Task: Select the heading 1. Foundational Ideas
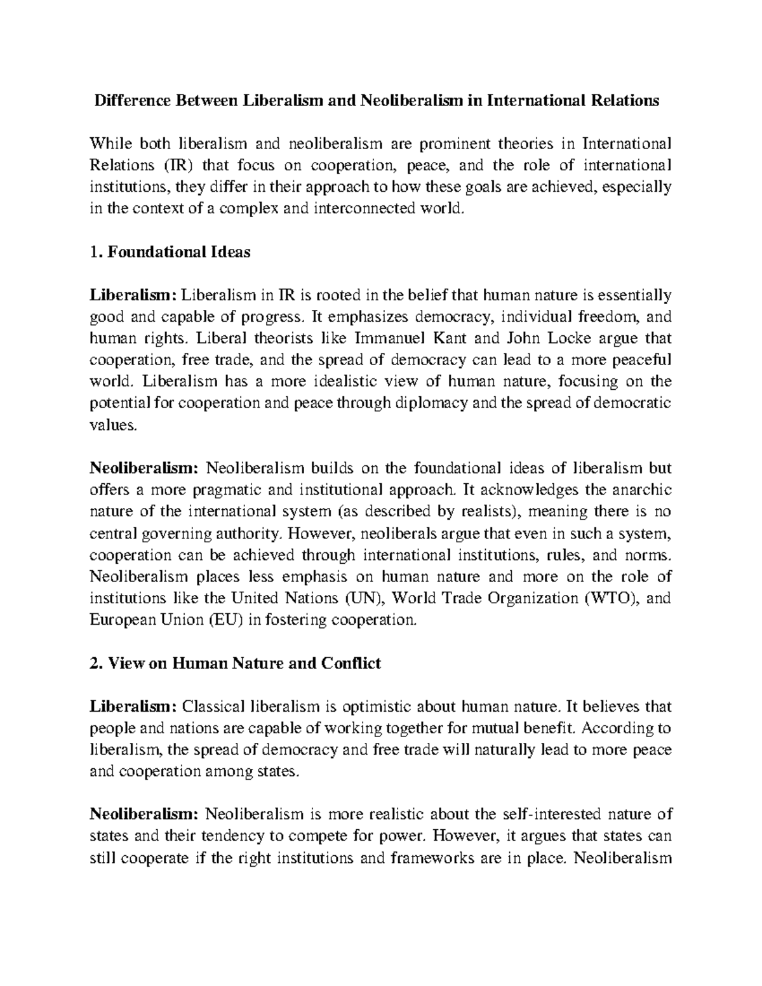(x=170, y=252)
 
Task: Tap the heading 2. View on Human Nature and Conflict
(x=236, y=663)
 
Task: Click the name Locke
(x=561, y=338)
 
